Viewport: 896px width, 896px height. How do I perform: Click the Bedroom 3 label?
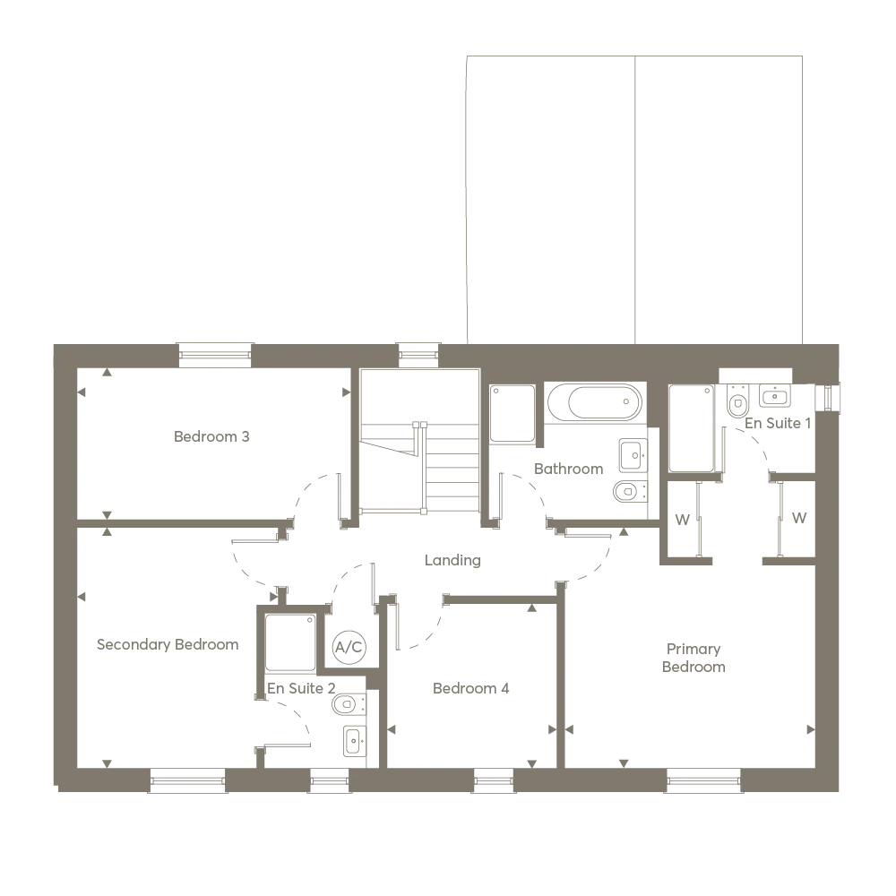(x=211, y=436)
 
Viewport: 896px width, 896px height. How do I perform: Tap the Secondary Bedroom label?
(x=168, y=644)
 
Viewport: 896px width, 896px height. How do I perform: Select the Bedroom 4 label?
(x=471, y=688)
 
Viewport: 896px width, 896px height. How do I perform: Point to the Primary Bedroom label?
(x=694, y=658)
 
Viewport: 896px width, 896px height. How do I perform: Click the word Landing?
(x=452, y=560)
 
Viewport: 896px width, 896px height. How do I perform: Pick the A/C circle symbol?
(x=349, y=647)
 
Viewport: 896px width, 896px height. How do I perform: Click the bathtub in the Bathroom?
(x=595, y=402)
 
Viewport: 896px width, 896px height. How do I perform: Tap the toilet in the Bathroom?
(x=630, y=491)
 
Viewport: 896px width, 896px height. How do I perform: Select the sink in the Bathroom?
(x=633, y=455)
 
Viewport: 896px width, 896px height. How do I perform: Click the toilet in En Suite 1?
(x=737, y=401)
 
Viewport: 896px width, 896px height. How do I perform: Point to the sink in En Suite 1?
(x=775, y=395)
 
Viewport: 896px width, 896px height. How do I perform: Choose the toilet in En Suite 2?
(x=348, y=704)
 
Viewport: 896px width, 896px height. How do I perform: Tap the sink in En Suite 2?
(x=354, y=741)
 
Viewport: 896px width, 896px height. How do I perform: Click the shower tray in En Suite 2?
(x=290, y=642)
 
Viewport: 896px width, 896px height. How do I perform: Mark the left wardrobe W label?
(x=682, y=520)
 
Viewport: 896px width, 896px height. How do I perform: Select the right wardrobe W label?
(x=799, y=518)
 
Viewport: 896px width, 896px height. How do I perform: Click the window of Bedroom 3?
(x=215, y=356)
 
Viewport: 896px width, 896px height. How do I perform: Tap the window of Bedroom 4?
(x=494, y=780)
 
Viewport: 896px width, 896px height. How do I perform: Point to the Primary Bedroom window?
(x=703, y=780)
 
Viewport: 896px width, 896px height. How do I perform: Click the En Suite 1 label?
(x=778, y=424)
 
